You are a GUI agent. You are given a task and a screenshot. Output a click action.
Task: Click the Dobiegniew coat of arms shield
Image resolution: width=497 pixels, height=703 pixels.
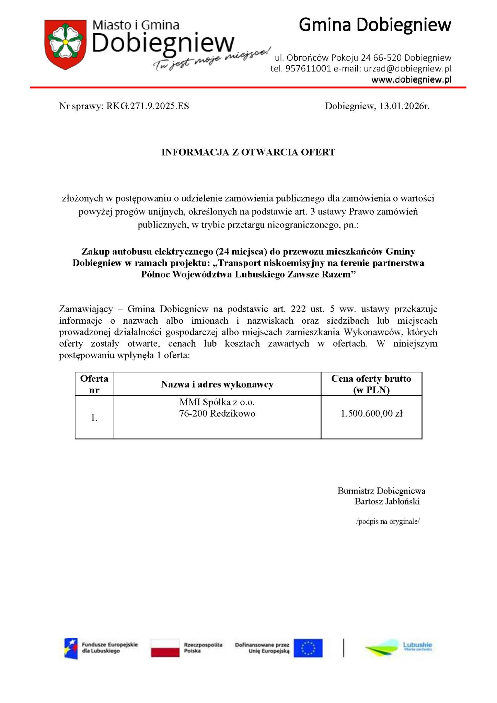[x=65, y=44]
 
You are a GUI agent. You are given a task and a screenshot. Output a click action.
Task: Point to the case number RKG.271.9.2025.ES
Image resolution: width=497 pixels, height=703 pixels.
[x=148, y=106]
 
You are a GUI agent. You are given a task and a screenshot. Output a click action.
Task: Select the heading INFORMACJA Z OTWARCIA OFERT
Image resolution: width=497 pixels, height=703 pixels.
[x=248, y=152]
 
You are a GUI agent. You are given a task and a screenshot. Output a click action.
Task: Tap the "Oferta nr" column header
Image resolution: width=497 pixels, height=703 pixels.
[x=94, y=384]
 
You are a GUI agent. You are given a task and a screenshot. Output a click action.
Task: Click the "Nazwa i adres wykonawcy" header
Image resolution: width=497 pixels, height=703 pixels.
[x=217, y=384]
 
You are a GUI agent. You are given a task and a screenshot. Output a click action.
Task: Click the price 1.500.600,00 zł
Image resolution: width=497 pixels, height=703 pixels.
[x=371, y=414]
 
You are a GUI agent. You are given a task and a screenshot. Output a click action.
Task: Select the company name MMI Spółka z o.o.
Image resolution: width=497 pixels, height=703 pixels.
[x=217, y=402]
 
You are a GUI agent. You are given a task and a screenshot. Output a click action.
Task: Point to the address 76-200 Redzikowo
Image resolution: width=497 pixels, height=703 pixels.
[x=217, y=414]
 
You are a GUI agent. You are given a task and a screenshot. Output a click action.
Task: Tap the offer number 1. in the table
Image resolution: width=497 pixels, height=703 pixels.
[x=94, y=418]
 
